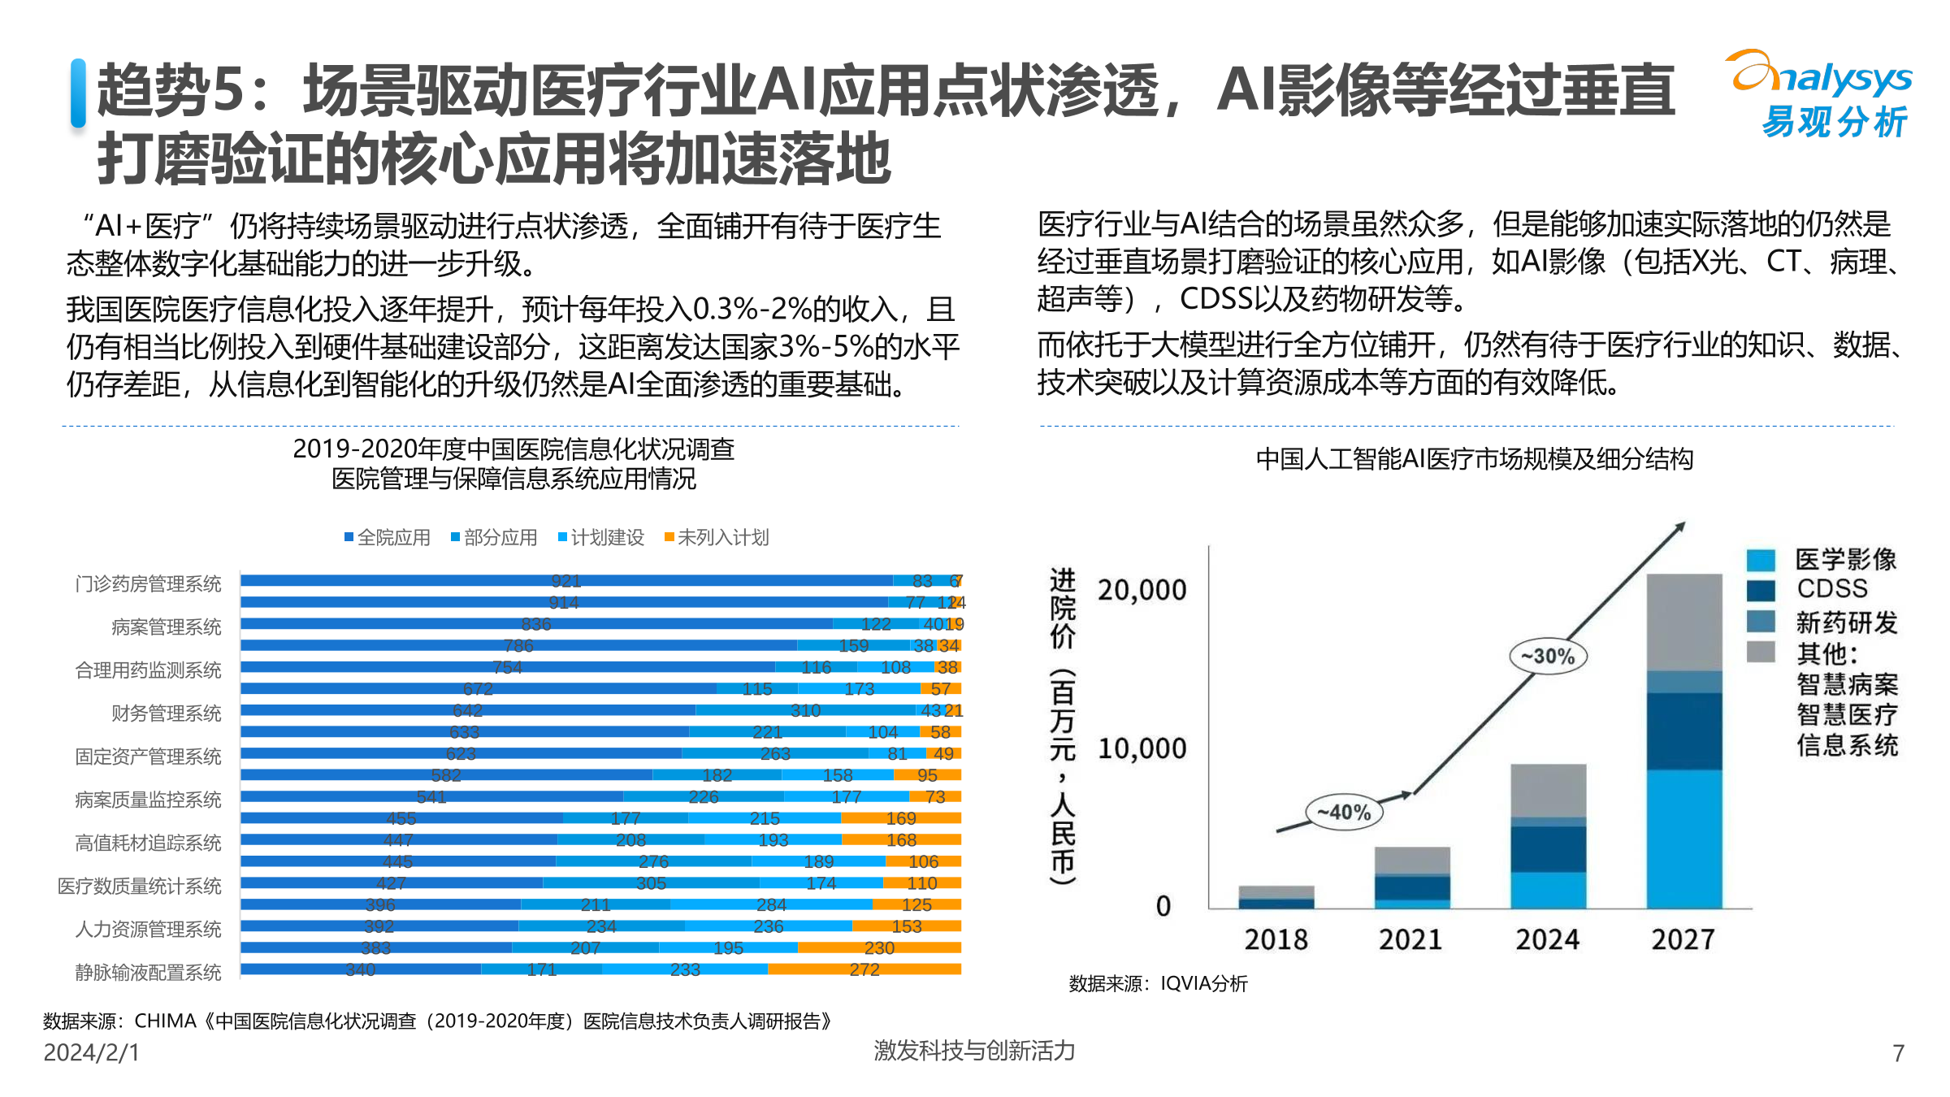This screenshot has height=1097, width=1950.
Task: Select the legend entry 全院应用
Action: point(388,537)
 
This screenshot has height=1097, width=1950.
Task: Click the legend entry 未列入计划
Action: point(717,537)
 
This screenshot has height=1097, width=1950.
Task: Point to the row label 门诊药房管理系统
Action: point(148,583)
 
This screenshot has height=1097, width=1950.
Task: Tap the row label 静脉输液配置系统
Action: point(148,972)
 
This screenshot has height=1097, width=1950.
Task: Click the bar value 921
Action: point(565,580)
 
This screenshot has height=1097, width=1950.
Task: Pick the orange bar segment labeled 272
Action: point(864,969)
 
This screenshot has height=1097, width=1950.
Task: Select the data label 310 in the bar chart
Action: point(805,710)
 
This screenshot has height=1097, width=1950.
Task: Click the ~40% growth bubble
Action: point(1344,812)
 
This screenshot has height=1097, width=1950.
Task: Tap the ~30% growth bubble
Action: point(1548,656)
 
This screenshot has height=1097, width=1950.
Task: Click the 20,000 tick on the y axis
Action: point(1142,590)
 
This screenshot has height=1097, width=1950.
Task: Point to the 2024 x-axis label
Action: point(1547,939)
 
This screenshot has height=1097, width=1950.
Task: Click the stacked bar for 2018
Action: point(1276,897)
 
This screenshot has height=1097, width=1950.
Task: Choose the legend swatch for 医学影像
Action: point(1761,559)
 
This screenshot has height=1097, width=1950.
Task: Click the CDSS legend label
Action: point(1831,588)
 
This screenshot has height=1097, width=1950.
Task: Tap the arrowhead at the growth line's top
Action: point(1680,527)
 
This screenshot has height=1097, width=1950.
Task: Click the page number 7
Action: point(1898,1053)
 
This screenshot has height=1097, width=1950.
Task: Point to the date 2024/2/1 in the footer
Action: point(91,1052)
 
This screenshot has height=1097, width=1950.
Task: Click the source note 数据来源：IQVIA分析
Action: point(1158,983)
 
